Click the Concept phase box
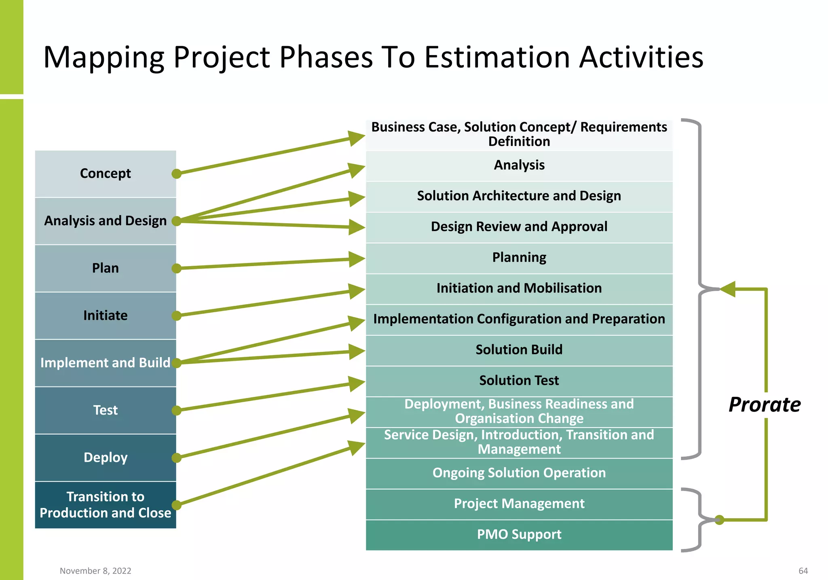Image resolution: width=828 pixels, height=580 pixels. pos(105,174)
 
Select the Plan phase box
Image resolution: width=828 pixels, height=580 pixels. pos(105,268)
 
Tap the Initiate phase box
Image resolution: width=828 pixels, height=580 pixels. pos(105,315)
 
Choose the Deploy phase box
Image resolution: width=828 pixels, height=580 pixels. pos(105,457)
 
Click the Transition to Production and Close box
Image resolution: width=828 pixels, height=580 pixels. pos(105,505)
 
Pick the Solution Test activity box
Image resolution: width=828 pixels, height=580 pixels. pos(519,381)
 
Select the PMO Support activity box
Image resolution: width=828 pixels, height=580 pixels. pos(519,535)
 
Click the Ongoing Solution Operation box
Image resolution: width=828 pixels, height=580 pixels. pos(519,473)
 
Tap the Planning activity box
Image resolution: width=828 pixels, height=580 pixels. pos(519,258)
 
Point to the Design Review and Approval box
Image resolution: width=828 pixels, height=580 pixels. pos(519,227)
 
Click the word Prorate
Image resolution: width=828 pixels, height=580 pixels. pos(764,404)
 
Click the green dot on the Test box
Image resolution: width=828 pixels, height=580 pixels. pos(176,411)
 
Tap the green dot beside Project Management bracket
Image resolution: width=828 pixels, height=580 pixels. pos(719,520)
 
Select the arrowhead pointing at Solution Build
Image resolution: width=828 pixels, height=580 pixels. pos(357,351)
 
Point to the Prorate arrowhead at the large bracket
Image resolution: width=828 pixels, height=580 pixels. pos(728,289)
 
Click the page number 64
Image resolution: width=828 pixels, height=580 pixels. pos(803,571)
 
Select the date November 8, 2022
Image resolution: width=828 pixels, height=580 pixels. pos(95,571)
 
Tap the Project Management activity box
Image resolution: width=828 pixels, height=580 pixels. pos(519,504)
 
